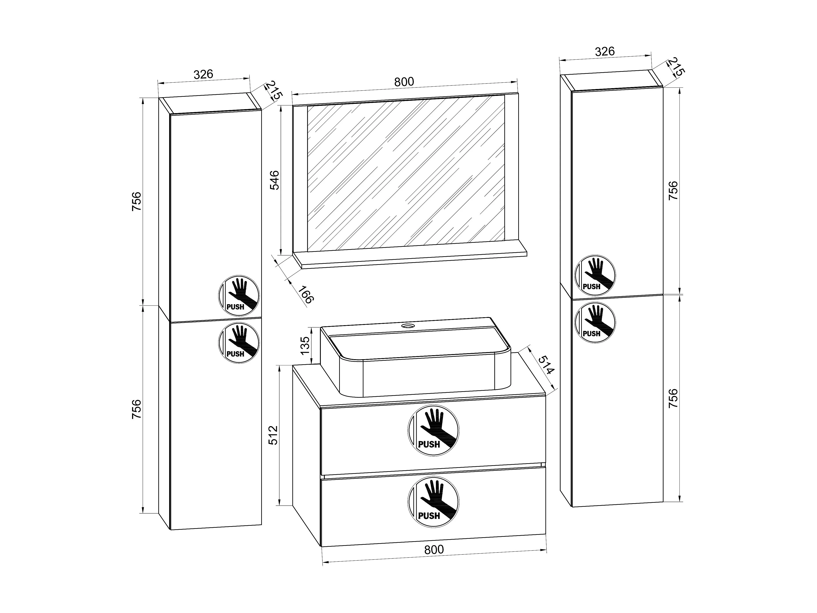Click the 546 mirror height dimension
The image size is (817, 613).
pos(274,180)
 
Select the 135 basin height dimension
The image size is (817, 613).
pos(305,345)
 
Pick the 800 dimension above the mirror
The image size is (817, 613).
pos(404,82)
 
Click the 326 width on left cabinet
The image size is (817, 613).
pos(204,74)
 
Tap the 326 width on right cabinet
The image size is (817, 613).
pos(605,51)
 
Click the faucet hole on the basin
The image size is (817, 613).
pos(408,326)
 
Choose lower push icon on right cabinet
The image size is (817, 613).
pos(595,322)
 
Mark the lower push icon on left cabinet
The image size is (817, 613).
pos(239,343)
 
